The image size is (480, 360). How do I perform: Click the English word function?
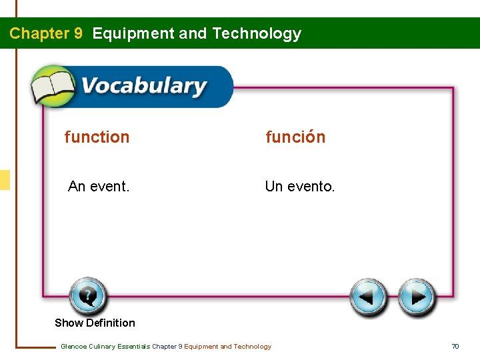[x=97, y=137]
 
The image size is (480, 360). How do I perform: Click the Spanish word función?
[x=295, y=137]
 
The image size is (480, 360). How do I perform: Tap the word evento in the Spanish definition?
[x=311, y=187]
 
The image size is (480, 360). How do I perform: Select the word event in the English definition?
[x=109, y=187]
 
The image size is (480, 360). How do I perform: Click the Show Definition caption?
[x=95, y=323]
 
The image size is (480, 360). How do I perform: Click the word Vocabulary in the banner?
[x=143, y=87]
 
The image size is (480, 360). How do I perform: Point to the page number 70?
[x=455, y=347]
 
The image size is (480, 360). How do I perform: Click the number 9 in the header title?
[x=78, y=33]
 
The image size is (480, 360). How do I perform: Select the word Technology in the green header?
[x=257, y=33]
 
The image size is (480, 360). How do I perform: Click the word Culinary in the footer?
[x=101, y=347]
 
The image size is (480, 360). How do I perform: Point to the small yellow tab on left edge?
[x=5, y=180]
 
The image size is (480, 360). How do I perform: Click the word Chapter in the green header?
[x=37, y=33]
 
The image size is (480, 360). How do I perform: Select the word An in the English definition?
[x=77, y=187]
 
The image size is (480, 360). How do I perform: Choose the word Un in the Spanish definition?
[x=273, y=187]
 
